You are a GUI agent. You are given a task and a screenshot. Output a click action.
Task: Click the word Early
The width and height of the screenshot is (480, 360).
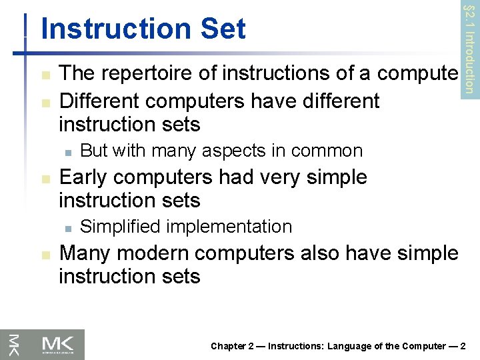click(83, 177)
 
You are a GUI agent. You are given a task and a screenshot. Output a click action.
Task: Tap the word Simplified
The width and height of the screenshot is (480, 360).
click(119, 227)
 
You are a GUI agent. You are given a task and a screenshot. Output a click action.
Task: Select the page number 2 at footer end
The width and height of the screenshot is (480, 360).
click(463, 345)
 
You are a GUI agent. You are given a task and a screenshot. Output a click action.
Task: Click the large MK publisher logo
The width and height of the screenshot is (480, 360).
click(63, 344)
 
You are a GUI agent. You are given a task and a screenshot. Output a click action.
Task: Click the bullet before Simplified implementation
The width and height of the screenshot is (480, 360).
click(67, 227)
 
